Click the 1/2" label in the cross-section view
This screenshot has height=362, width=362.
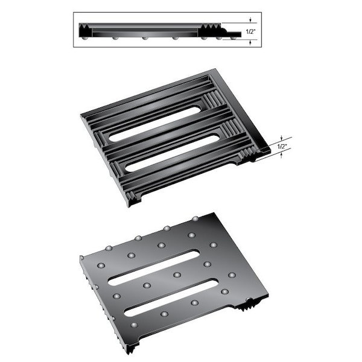pyautogui.click(x=250, y=31)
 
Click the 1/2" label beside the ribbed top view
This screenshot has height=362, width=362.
pyautogui.click(x=282, y=147)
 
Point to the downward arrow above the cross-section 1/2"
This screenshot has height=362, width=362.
pyautogui.click(x=250, y=20)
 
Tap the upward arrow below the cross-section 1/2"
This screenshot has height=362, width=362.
pyautogui.click(x=250, y=42)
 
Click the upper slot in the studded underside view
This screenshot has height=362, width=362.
pyautogui.click(x=154, y=268)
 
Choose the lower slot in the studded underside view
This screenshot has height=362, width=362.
pyautogui.click(x=171, y=297)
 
